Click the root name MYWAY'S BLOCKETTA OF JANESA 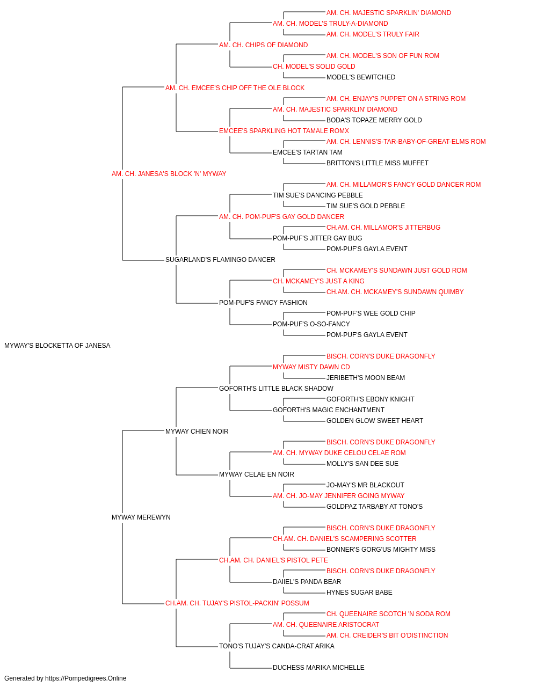click(57, 346)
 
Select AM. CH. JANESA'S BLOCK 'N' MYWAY click(169, 174)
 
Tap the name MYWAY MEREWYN click(141, 517)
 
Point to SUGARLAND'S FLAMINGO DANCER click(220, 260)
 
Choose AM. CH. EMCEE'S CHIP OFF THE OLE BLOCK click(235, 88)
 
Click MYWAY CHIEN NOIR click(197, 431)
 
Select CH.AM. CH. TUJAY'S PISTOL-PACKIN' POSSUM click(237, 603)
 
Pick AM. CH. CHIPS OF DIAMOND click(264, 45)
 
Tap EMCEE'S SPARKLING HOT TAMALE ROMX click(284, 131)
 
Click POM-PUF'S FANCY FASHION click(263, 303)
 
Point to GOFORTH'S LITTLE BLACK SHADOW click(276, 388)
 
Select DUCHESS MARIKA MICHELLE click(318, 667)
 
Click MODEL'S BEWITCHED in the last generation click(361, 77)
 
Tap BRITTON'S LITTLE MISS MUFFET click(378, 163)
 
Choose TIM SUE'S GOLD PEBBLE click(366, 206)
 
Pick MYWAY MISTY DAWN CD click(311, 367)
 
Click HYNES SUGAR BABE click(359, 592)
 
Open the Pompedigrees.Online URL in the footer click(86, 678)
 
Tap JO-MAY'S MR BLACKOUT click(365, 485)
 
